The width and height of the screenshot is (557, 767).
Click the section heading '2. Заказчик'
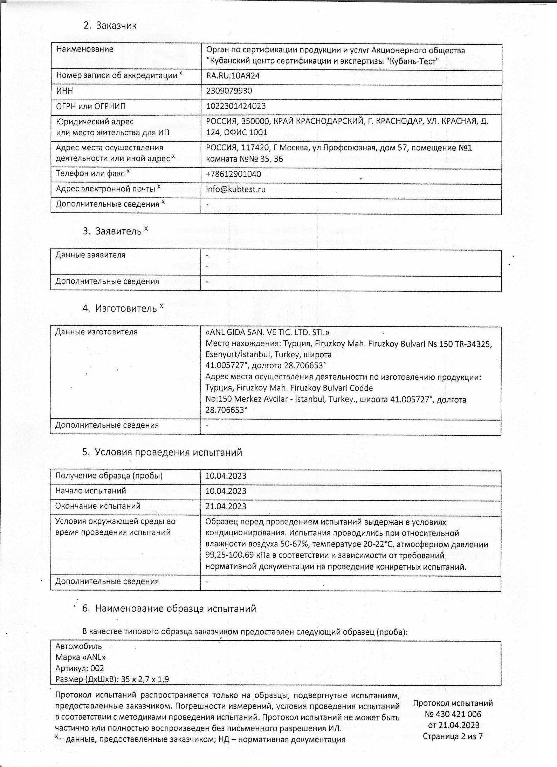110,26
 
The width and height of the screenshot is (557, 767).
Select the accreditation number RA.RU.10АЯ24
233,76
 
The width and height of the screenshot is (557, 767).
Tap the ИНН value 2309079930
229,91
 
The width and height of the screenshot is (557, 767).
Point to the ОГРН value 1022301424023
236,106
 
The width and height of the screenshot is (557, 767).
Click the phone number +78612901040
233,174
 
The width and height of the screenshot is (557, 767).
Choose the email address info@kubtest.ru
235,189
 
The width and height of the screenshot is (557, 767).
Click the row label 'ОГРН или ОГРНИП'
91,106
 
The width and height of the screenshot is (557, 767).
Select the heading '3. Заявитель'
115,231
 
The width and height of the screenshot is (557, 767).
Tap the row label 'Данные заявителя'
90,255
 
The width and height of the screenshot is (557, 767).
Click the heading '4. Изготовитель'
123,308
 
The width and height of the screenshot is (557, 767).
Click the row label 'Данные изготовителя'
96,332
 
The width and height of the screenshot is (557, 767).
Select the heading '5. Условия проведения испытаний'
162,452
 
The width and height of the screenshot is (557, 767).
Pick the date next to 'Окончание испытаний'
226,506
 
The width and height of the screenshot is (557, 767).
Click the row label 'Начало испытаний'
91,491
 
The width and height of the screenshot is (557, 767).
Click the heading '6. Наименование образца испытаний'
169,609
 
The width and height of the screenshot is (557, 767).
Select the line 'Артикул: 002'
80,668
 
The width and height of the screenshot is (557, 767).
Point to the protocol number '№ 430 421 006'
453,714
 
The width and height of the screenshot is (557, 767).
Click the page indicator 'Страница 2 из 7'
453,736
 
